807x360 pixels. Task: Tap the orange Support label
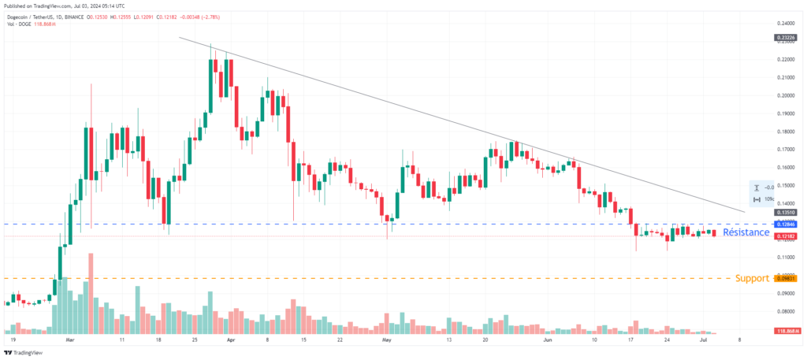click(752, 279)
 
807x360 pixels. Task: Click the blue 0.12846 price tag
click(786, 225)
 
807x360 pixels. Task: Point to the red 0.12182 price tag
click(786, 236)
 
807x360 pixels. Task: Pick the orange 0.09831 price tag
click(786, 278)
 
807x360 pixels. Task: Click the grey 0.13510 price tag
click(786, 213)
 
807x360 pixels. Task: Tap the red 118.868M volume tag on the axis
click(786, 331)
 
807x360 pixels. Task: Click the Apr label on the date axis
click(230, 343)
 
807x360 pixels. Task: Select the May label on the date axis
click(386, 343)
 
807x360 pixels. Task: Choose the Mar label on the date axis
click(69, 343)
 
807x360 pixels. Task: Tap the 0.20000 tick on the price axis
click(785, 95)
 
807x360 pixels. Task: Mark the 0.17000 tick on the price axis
click(785, 149)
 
